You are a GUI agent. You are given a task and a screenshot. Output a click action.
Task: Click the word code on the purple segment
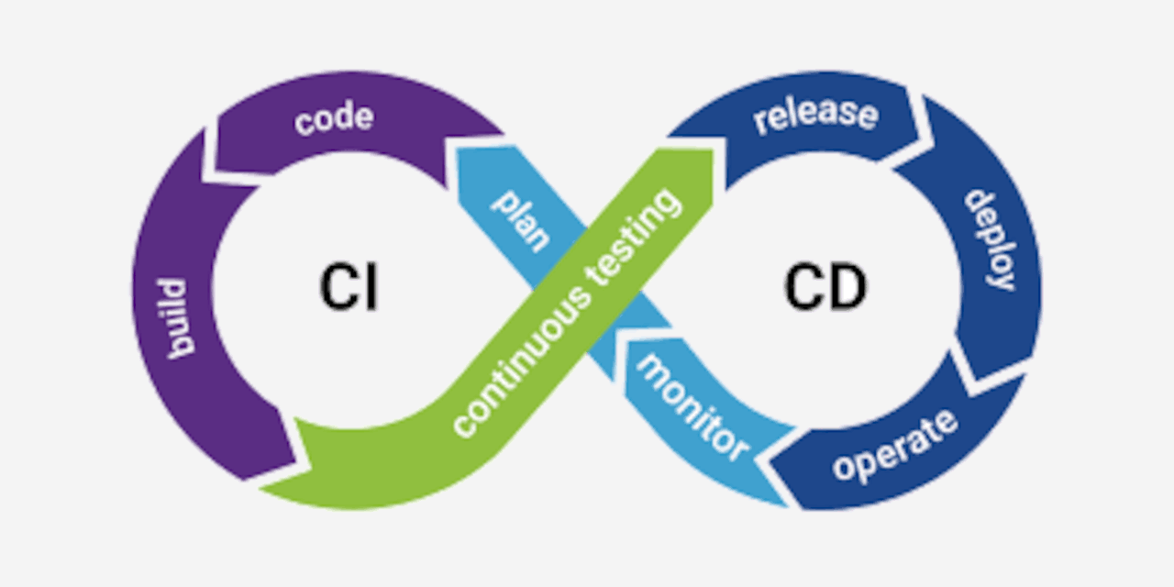click(334, 119)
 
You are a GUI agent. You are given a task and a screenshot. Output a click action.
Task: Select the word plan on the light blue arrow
click(521, 221)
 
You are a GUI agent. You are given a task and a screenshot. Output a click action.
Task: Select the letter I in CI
click(370, 286)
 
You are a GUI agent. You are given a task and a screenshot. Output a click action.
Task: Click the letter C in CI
click(336, 286)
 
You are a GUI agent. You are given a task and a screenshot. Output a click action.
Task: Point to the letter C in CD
click(803, 286)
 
